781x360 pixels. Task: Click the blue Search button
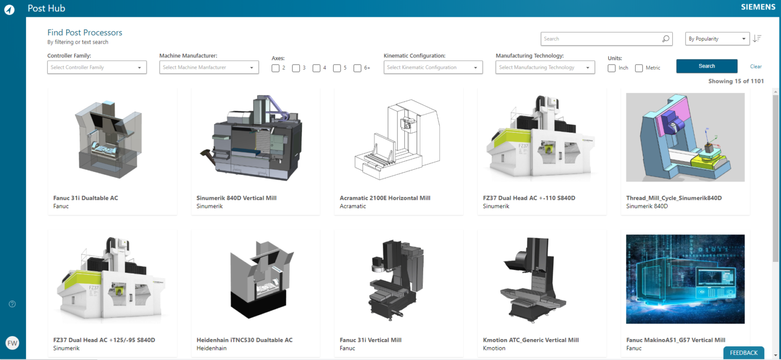coord(706,66)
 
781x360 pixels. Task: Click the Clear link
coord(756,67)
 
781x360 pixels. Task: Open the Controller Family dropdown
coord(97,67)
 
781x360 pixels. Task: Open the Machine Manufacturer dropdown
coord(209,67)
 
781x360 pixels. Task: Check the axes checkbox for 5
coord(337,68)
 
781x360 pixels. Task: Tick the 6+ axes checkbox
coord(357,68)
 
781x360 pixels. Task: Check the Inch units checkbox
coord(612,68)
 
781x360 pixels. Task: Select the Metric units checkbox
coord(639,68)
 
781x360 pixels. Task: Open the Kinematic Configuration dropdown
coord(433,67)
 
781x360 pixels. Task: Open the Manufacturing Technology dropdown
coord(545,67)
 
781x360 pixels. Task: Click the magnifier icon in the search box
coord(666,39)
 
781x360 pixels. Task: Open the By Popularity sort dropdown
coord(717,39)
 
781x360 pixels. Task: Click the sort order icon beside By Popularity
coord(757,39)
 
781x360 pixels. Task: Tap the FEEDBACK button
coord(743,353)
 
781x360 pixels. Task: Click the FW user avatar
coord(12,343)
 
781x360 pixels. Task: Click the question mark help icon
coord(12,304)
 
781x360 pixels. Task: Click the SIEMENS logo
coord(758,8)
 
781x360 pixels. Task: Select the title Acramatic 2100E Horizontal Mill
coord(385,198)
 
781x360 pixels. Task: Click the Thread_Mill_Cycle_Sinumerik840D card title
coord(674,198)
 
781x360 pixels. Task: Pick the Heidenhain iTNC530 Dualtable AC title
coord(245,340)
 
